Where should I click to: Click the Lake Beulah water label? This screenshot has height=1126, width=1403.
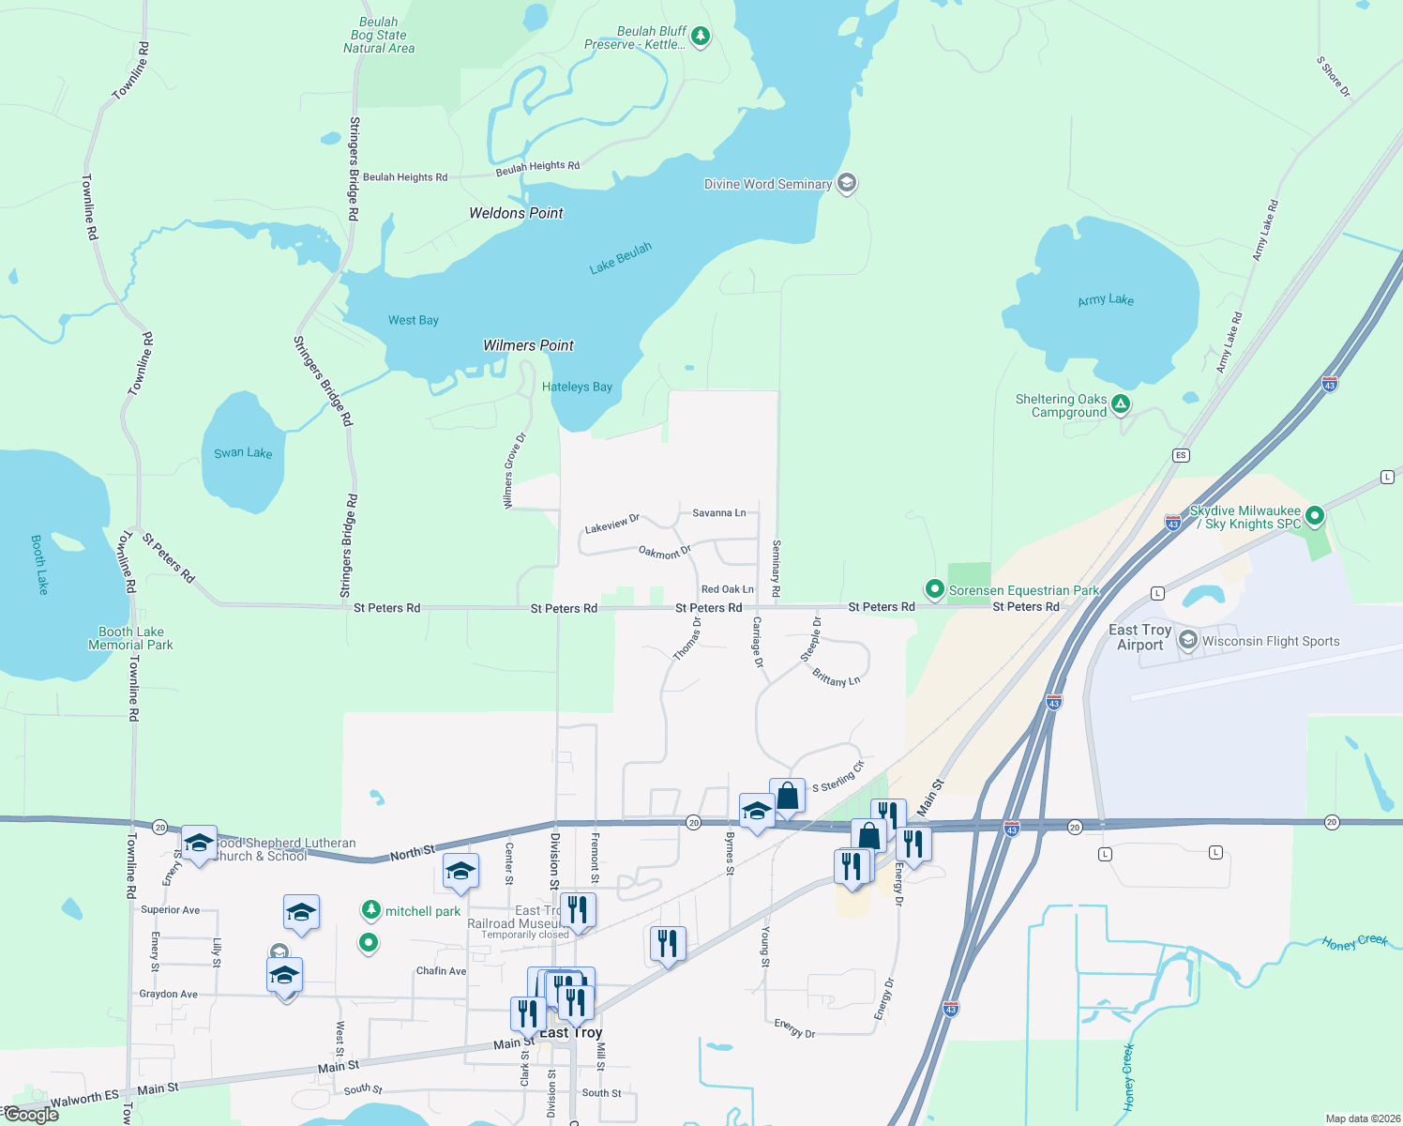click(620, 258)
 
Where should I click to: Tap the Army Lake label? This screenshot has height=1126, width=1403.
click(1106, 299)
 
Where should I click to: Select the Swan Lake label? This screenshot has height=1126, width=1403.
click(243, 453)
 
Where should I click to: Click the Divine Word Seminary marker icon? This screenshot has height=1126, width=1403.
click(847, 184)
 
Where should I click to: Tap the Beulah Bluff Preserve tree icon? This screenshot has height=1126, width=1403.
click(700, 37)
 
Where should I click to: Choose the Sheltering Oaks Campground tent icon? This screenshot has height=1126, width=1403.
click(1121, 405)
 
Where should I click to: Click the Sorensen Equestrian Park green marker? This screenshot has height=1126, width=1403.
click(934, 589)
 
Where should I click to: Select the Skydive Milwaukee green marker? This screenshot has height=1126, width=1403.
click(1315, 515)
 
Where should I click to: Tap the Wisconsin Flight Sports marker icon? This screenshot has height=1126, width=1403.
click(1188, 641)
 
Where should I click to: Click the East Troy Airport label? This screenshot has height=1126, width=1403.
click(1139, 637)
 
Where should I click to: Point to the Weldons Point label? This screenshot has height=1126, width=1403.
click(516, 213)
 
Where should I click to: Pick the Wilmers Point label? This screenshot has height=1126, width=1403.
click(528, 345)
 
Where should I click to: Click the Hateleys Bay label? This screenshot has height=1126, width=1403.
click(577, 387)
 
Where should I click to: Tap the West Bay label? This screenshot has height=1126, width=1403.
click(414, 320)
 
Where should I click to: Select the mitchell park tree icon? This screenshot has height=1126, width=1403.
click(372, 910)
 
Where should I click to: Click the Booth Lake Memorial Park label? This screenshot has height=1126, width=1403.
click(130, 638)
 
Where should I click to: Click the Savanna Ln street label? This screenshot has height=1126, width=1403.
click(718, 513)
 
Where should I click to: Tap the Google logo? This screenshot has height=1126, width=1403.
click(30, 1115)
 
